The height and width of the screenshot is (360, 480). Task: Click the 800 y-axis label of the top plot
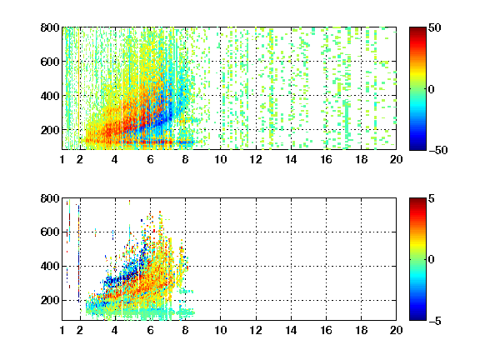point(50,27)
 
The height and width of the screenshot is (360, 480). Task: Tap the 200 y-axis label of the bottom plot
point(50,300)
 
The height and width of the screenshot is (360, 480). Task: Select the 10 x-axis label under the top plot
point(220,159)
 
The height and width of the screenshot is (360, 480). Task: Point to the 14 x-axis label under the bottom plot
point(291,330)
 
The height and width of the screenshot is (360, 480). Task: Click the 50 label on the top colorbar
point(434,27)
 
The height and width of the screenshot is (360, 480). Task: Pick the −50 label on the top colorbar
point(438,150)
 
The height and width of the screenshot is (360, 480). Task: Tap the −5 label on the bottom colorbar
point(435,321)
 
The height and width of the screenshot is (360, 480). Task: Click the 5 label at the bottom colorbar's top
point(432,198)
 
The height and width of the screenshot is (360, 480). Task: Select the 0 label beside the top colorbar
point(432,89)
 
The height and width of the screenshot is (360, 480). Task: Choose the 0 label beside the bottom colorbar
point(432,259)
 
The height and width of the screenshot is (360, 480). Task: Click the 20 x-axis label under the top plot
point(396,159)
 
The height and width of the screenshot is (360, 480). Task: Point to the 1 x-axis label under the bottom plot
point(62,330)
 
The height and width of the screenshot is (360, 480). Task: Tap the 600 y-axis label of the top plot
point(50,62)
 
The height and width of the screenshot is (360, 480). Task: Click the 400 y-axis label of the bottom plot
point(50,266)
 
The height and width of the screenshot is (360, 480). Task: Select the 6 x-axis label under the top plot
point(150,159)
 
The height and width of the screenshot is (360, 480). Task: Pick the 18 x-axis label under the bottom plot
point(361,330)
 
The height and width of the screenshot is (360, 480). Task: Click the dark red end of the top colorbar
point(417,30)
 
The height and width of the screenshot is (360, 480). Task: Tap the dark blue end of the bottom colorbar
point(417,317)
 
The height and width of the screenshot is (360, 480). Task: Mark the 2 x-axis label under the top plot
point(80,159)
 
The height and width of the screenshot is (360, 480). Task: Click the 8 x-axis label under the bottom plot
point(185,330)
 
